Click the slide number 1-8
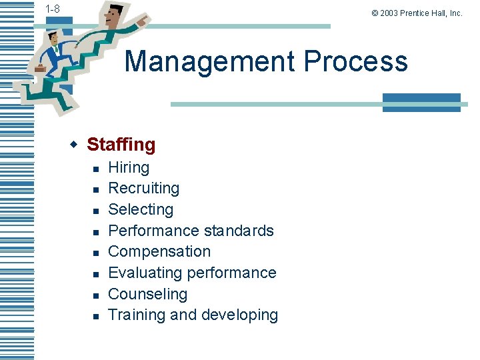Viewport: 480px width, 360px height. click(x=52, y=9)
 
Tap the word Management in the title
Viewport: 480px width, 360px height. click(x=209, y=61)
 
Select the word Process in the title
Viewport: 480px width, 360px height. click(x=355, y=61)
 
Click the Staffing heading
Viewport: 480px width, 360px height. click(x=121, y=144)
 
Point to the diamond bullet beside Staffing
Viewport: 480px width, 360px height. click(x=75, y=144)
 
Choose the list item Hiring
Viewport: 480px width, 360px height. click(x=129, y=167)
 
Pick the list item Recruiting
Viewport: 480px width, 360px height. click(x=143, y=188)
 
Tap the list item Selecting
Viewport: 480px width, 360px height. click(x=141, y=209)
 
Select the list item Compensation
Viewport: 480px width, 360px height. click(x=159, y=251)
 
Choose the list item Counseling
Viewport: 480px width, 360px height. click(x=147, y=294)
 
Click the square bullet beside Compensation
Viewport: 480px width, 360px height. click(x=96, y=253)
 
